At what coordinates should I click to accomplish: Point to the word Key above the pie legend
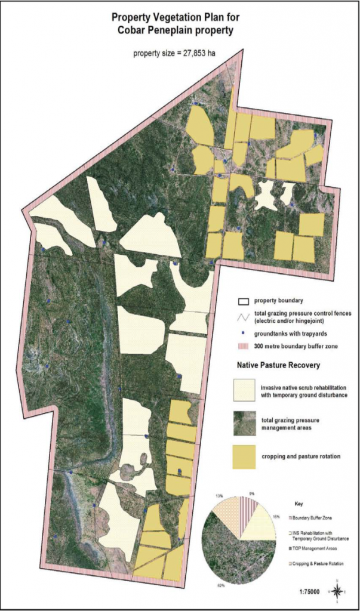(x=299, y=504)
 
